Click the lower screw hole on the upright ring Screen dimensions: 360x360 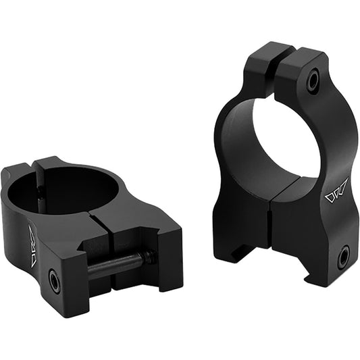(x=343, y=257)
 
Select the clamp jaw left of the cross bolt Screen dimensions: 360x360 (x=74, y=284)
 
